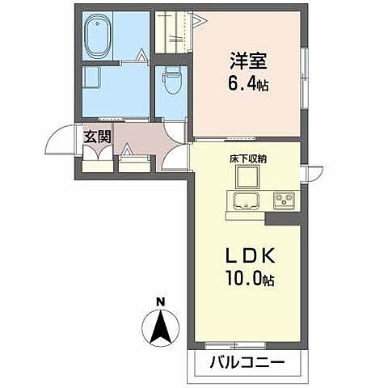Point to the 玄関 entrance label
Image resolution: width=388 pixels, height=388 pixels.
94,135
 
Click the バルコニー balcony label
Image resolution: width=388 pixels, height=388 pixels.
249,361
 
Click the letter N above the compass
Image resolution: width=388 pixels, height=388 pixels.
161,302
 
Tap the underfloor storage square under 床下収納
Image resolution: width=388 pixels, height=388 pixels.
247,179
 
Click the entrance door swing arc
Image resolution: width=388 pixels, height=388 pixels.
58,141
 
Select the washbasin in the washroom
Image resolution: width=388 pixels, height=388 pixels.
91,77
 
